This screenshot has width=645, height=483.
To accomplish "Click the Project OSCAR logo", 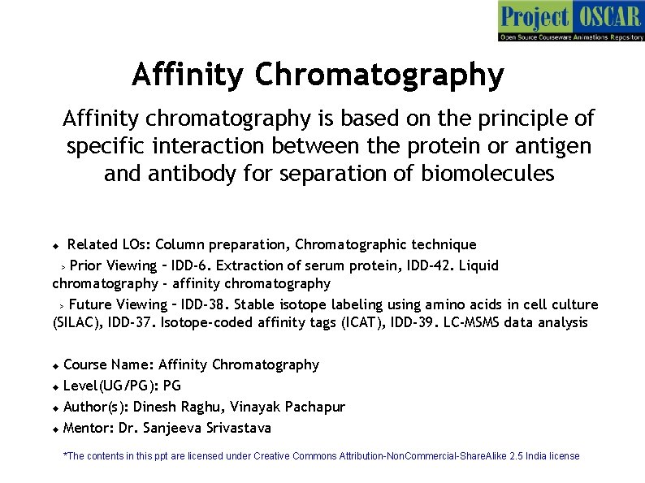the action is coord(571,21).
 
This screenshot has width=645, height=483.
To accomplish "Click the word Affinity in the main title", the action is coord(188,74).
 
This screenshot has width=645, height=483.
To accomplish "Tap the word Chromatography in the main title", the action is coord(379,75).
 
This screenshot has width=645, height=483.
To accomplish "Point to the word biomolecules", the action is coord(487,173).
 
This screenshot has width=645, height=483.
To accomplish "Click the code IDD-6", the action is coord(191,265).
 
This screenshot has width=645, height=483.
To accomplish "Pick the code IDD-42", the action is coord(432,265).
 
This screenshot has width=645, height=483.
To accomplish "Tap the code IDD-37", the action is coord(132,322).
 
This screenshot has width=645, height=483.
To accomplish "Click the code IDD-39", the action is coord(414,322).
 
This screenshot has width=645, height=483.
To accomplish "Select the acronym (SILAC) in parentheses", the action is coord(78,323).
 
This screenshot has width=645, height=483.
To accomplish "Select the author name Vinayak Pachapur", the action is coord(288,407).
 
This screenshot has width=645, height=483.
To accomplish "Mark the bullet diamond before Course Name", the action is coord(56,366).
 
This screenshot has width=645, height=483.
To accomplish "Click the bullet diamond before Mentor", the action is coord(56,429).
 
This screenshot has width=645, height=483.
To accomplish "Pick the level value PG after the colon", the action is coord(172,386).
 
